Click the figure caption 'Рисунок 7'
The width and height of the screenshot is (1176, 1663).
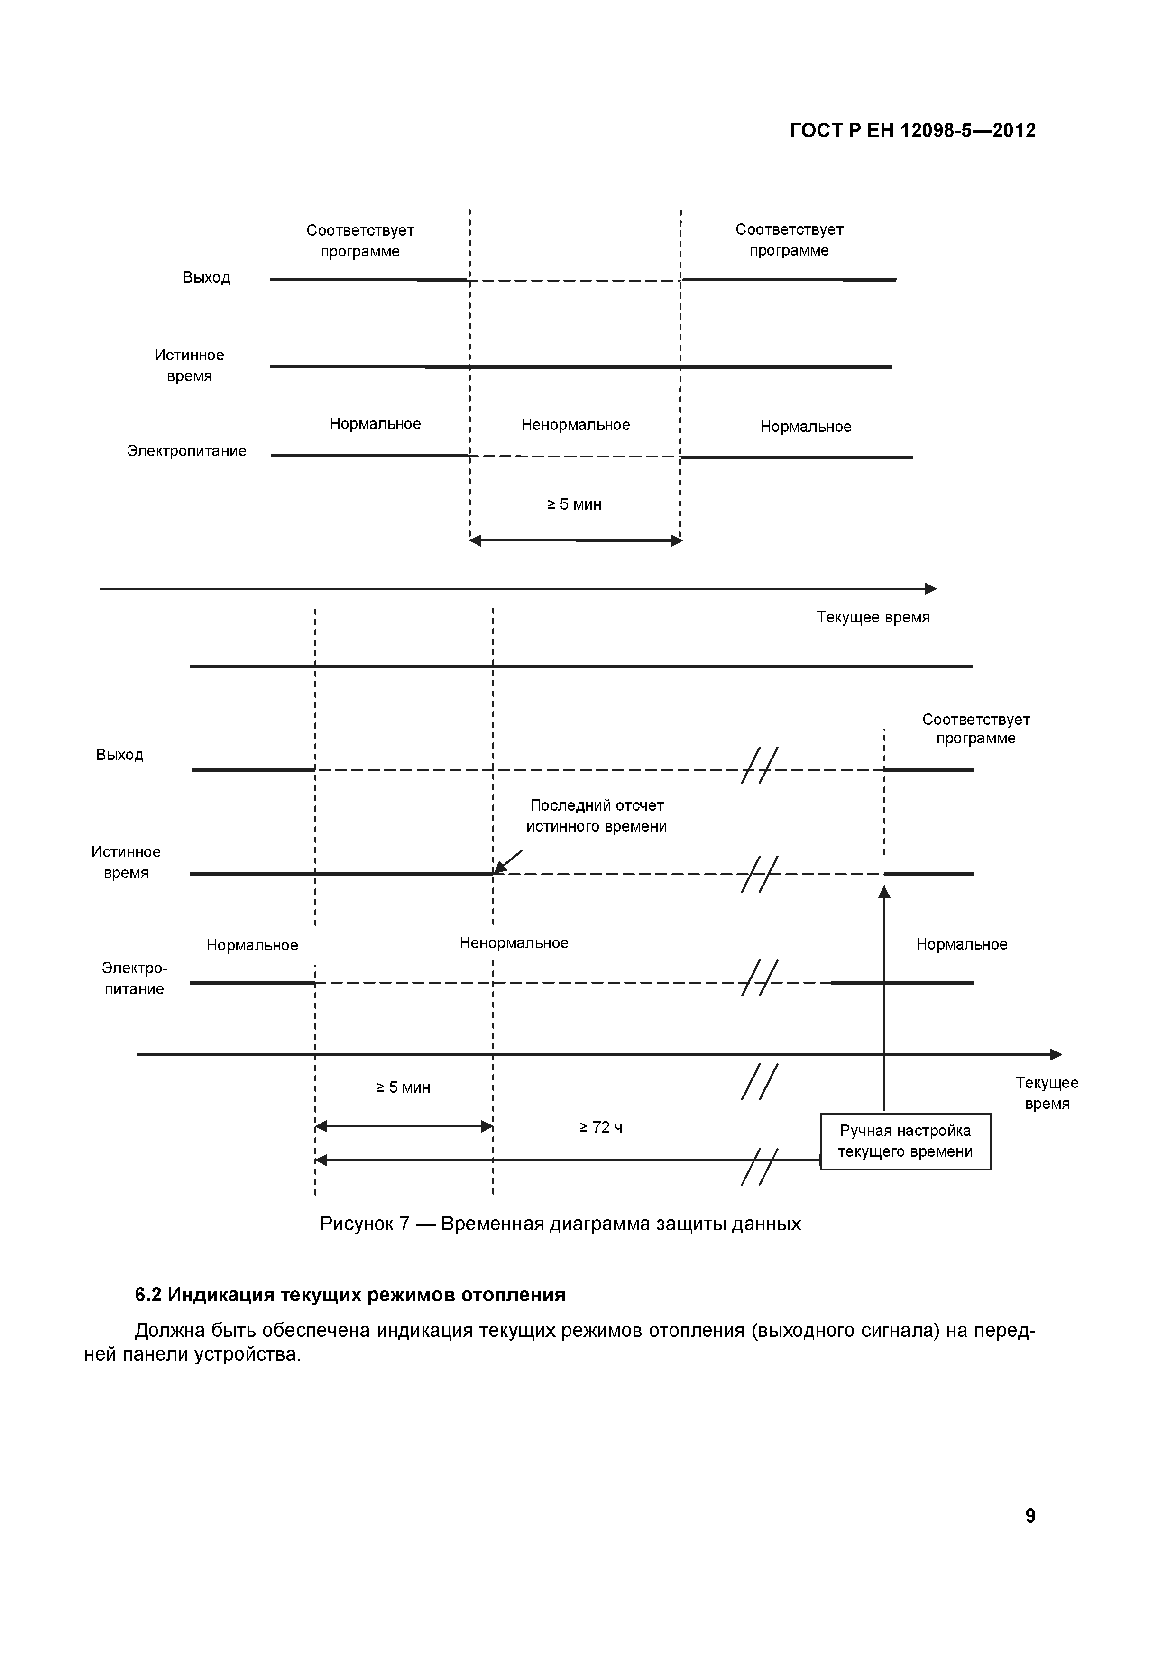(560, 1224)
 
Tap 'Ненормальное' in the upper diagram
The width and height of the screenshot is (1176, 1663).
(575, 425)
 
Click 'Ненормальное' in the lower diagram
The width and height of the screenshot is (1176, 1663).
(514, 943)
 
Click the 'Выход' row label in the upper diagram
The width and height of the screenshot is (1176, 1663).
(206, 277)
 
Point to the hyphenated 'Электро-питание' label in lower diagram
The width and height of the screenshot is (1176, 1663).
(134, 978)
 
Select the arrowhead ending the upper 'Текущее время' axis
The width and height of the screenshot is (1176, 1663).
(931, 589)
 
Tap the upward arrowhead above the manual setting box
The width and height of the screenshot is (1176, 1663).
(884, 892)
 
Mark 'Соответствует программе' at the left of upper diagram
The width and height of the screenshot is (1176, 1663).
(360, 240)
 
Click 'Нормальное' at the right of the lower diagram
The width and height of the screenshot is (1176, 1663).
(962, 944)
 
